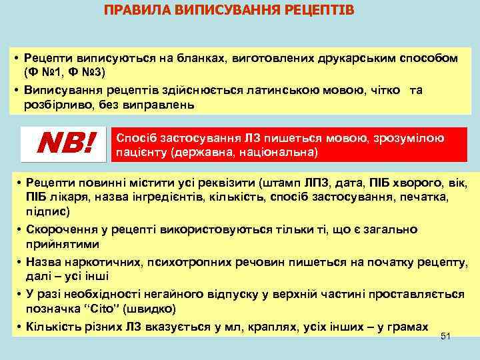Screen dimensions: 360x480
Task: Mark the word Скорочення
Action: tap(60, 229)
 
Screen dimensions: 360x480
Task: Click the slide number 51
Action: tap(446, 337)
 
